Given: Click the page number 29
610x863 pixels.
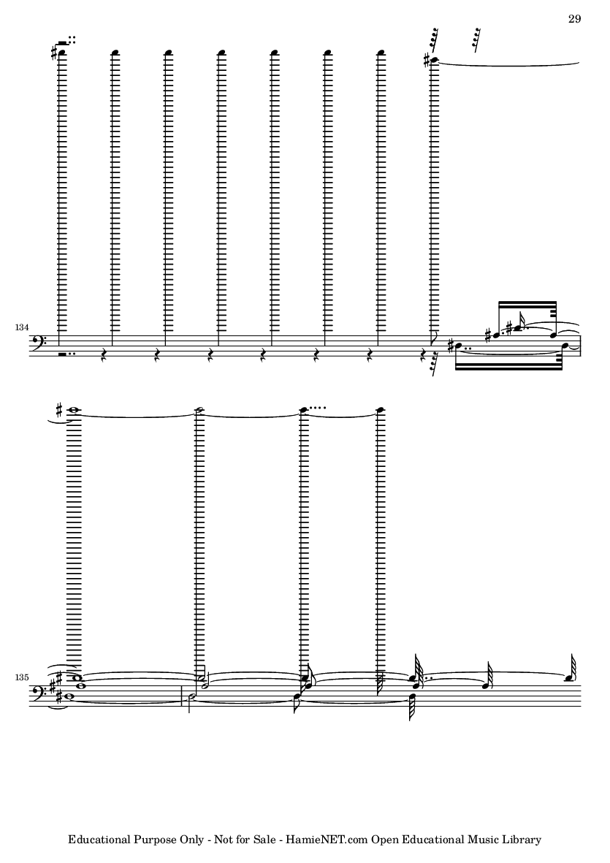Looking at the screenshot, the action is [574, 19].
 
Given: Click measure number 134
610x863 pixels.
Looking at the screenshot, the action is [22, 327].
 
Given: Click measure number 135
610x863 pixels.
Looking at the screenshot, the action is [22, 677].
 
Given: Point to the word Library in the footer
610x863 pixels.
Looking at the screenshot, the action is [522, 840].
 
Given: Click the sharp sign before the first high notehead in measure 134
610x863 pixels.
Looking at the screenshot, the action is [53, 53].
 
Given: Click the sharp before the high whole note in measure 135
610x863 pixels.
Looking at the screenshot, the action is [59, 409].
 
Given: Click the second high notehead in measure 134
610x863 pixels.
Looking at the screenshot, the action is [115, 53].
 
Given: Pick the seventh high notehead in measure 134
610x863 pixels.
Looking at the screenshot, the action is [381, 53].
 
